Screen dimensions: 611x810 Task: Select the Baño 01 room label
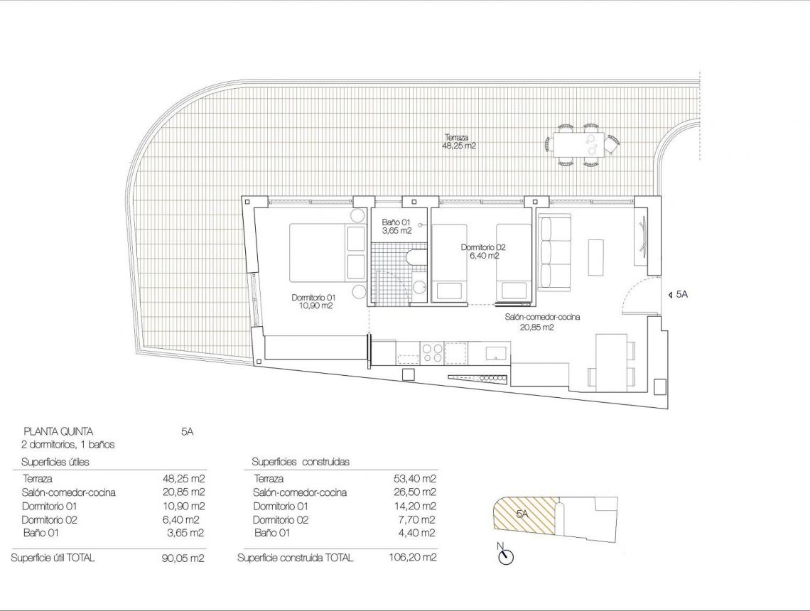[395, 226]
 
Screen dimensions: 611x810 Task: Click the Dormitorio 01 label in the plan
[313, 301]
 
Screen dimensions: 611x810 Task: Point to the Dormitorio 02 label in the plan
[482, 252]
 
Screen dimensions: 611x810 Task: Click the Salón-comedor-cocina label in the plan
[541, 322]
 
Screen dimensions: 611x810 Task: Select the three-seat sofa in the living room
[554, 252]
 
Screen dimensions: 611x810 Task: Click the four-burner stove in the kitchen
[432, 351]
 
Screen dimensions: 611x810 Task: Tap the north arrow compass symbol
[506, 555]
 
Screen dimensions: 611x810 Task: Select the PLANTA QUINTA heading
[58, 431]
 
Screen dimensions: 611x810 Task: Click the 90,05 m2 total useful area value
[183, 558]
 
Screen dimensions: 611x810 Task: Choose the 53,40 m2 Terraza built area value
[415, 479]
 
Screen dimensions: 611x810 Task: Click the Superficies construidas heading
[301, 462]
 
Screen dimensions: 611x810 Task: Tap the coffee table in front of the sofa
[595, 257]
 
